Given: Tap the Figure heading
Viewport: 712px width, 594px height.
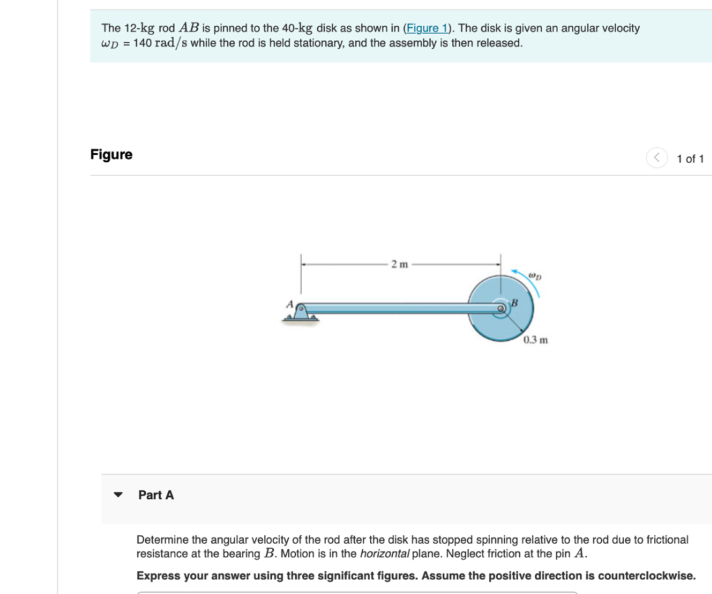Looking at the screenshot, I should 111,154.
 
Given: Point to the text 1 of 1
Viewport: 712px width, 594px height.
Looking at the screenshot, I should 689,158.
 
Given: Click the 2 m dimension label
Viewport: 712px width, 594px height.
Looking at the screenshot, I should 400,264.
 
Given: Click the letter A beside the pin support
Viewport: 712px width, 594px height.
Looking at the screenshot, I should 290,303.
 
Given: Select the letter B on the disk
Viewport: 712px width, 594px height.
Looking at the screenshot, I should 515,303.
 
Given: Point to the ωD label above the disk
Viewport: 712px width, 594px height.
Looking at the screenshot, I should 533,274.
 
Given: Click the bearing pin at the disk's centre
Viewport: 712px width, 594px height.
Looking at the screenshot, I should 501,308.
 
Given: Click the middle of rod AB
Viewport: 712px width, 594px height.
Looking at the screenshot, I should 400,308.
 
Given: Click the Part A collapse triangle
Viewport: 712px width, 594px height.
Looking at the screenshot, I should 118,495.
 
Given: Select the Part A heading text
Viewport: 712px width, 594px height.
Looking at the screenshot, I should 156,495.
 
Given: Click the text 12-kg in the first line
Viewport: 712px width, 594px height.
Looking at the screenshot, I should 140,28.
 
